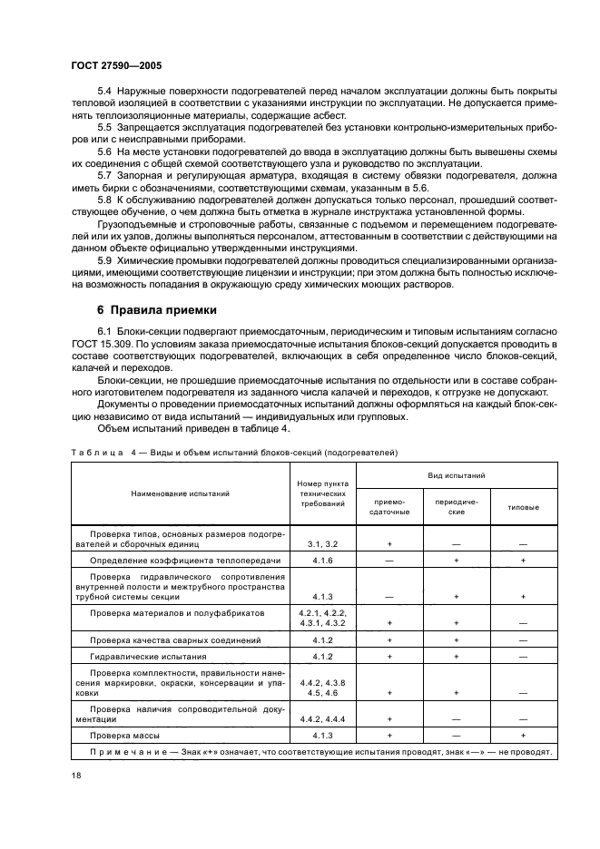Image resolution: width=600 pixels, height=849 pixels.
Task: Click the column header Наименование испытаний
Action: point(179,493)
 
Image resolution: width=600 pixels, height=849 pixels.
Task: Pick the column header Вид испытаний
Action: point(456,475)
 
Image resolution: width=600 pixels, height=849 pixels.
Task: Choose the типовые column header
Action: point(523,506)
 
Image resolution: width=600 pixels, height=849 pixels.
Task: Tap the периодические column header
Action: point(456,506)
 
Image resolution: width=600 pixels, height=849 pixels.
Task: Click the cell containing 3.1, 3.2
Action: point(321,543)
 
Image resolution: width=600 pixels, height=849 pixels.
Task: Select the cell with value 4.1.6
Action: point(321,561)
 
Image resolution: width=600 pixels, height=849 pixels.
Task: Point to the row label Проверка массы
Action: point(123,735)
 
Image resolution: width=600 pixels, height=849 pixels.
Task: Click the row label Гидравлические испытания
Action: point(142,655)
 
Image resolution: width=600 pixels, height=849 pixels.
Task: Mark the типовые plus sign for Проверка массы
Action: point(523,735)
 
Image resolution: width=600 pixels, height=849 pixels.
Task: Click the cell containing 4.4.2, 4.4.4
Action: point(321,717)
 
